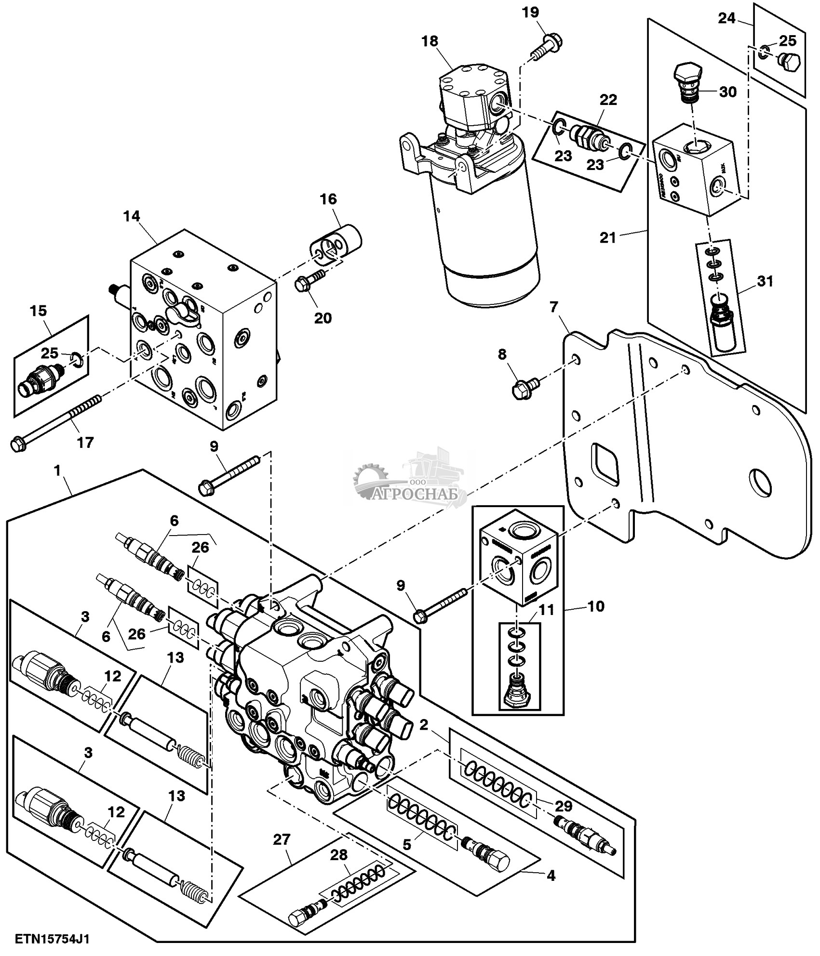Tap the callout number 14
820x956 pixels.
(131, 216)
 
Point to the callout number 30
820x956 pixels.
(728, 92)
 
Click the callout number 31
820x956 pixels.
(765, 281)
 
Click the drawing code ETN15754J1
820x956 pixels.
(53, 939)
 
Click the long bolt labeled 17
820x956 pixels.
(58, 420)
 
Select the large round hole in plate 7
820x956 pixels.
(759, 482)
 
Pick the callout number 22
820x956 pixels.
(608, 100)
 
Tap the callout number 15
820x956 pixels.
(39, 311)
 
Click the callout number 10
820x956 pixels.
(596, 606)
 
